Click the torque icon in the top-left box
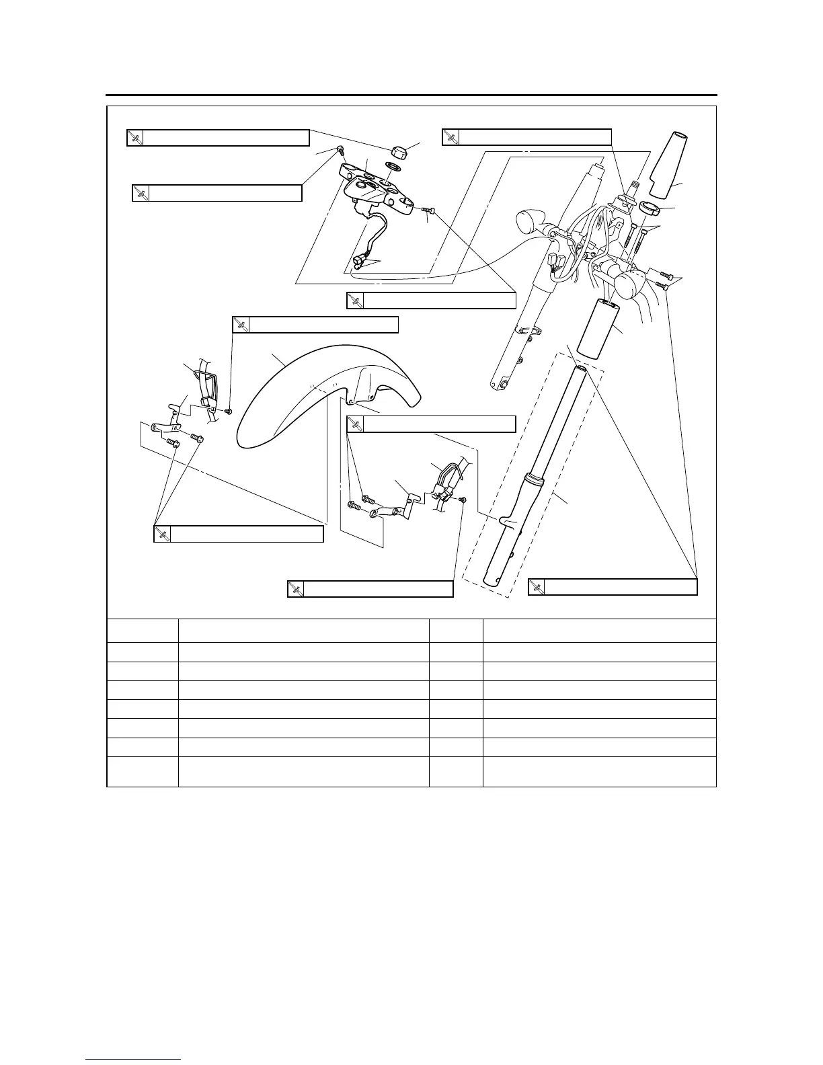pyautogui.click(x=135, y=138)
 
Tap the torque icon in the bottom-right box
pyautogui.click(x=537, y=588)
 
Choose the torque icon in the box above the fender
pyautogui.click(x=241, y=325)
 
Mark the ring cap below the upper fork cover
pyautogui.click(x=650, y=208)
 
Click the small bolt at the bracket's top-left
pyautogui.click(x=340, y=150)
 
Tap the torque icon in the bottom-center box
pyautogui.click(x=296, y=589)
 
